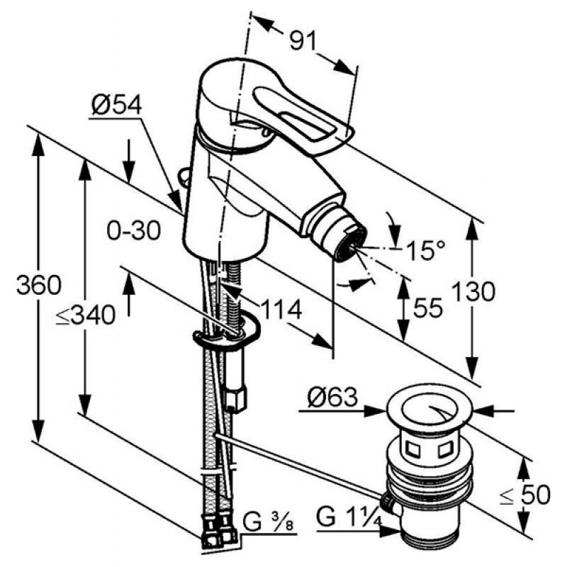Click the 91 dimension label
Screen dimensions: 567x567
point(303,40)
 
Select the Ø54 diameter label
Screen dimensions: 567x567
point(116,106)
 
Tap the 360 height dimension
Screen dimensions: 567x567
point(39,285)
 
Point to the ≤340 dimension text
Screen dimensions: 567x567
point(86,314)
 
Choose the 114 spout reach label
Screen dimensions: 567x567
point(281,309)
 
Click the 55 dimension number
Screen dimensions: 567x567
point(428,308)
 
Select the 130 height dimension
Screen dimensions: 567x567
point(473,292)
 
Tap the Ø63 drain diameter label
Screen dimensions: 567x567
point(332,397)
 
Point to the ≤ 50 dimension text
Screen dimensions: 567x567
point(525,494)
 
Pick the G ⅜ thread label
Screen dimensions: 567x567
point(268,521)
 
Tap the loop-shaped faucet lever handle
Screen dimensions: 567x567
point(303,116)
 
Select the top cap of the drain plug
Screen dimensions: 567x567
point(430,410)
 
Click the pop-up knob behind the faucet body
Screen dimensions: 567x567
point(184,176)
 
